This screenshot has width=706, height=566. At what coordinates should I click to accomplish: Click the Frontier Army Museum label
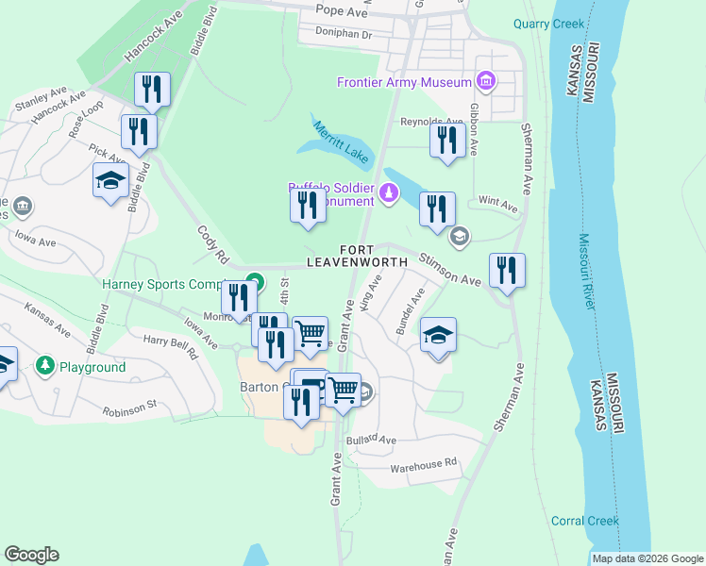coord(404,82)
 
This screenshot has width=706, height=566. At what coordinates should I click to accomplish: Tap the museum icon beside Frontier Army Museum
coord(486,82)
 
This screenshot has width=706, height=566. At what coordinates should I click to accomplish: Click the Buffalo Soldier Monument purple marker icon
coord(388,193)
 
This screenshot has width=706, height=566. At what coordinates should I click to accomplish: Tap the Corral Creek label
coord(585,521)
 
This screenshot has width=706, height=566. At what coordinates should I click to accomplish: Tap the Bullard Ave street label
coord(371,440)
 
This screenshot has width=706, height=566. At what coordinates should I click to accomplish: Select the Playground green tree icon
coord(44,366)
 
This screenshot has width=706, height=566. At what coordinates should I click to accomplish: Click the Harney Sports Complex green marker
coord(253,281)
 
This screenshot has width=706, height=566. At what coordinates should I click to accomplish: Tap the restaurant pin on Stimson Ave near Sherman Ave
coord(508,271)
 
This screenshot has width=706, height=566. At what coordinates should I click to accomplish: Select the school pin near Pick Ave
coord(110,179)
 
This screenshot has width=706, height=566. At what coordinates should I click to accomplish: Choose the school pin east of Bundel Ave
coord(438,336)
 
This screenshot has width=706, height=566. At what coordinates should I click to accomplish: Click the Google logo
coord(32,555)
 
